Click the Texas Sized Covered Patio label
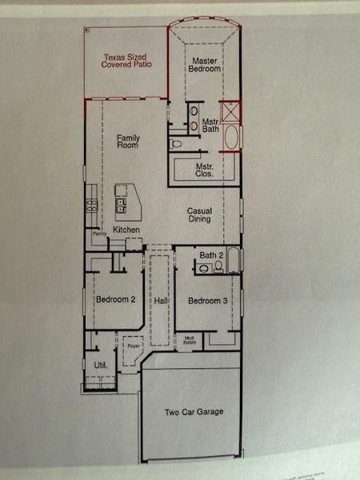(x=126, y=60)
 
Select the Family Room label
(x=128, y=142)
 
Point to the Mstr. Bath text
(x=210, y=126)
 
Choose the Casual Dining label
(x=199, y=215)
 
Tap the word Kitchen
(x=126, y=230)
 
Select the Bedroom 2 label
(x=115, y=300)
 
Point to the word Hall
(x=161, y=301)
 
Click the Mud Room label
(x=190, y=341)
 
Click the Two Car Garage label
(x=194, y=412)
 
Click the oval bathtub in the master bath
(x=231, y=137)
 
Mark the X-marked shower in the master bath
(x=230, y=110)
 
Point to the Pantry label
(x=100, y=234)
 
